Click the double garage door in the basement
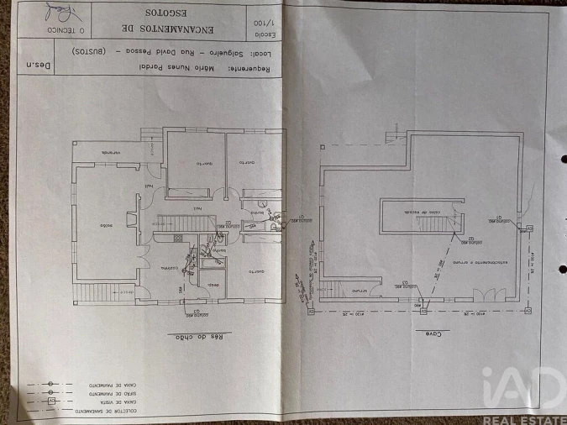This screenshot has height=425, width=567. tap(486, 296)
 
